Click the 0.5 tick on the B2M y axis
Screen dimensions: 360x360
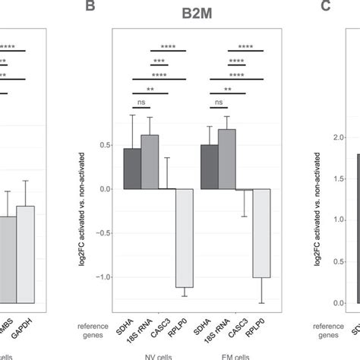tap(106, 145)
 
